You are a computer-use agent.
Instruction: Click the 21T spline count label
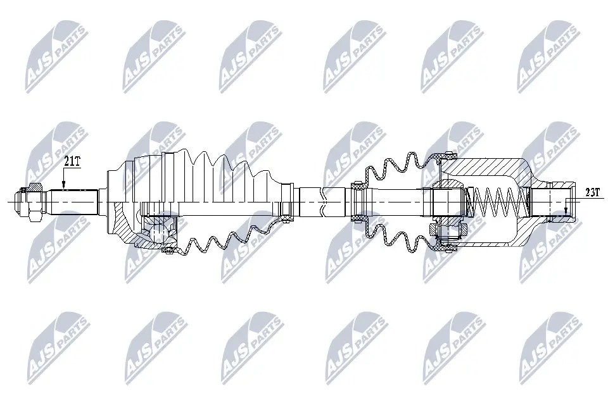click(72, 161)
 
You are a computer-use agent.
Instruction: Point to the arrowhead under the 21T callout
click(64, 185)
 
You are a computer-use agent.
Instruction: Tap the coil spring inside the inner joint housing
click(500, 201)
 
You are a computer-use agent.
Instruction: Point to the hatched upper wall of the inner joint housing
click(488, 166)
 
